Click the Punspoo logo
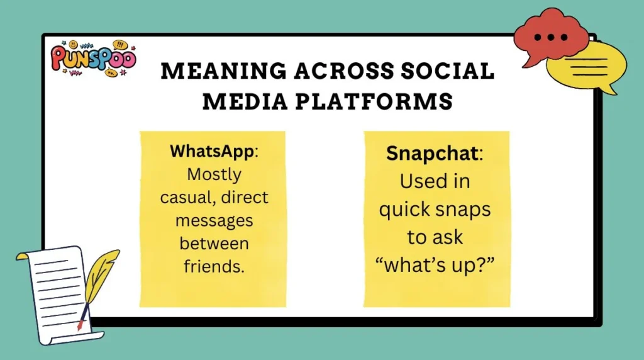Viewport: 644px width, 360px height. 93,60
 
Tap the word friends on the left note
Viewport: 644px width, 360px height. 212,266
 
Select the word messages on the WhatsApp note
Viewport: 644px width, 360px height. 213,220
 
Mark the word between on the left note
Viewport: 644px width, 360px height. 213,243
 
